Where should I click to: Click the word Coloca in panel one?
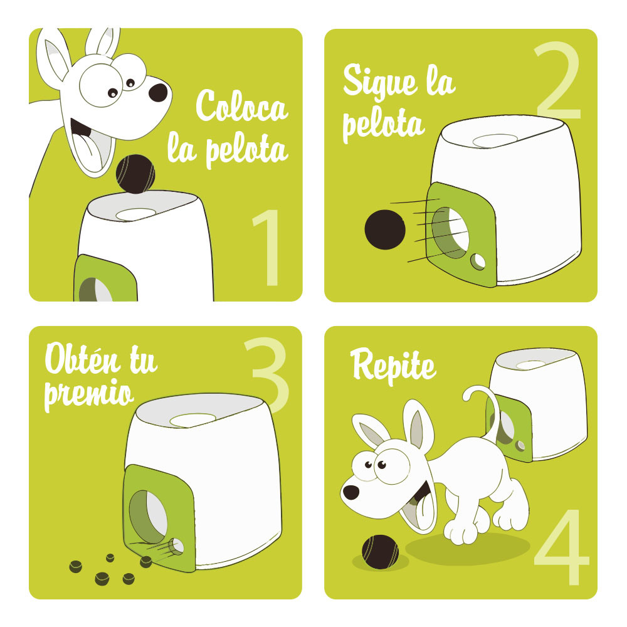[241, 106]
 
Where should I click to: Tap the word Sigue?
[381, 82]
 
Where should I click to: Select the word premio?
[88, 394]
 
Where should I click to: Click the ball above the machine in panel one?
[135, 174]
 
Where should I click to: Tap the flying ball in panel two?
[385, 229]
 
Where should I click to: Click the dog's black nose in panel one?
[158, 93]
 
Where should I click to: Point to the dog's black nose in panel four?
[351, 492]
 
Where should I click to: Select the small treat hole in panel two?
[477, 261]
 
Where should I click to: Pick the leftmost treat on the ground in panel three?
[76, 566]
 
